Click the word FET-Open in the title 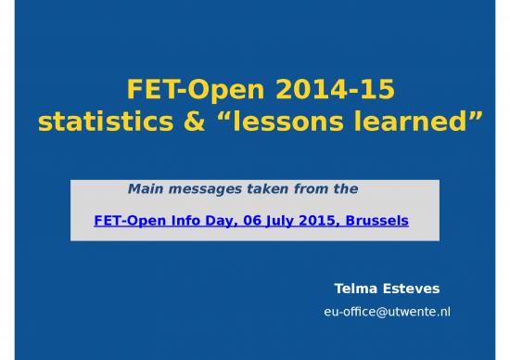(179, 91)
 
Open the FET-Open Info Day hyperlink (251, 222)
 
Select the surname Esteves (413, 289)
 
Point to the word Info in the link (185, 222)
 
